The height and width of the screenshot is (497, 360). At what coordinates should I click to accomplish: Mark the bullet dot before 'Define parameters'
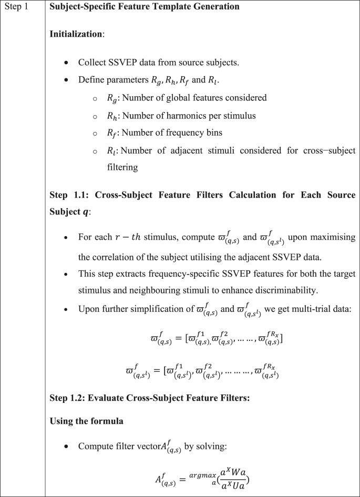point(66,80)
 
